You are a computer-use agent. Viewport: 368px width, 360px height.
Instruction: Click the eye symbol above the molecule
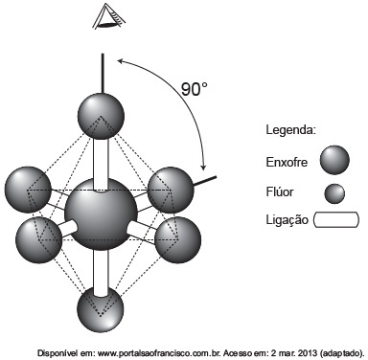click(108, 16)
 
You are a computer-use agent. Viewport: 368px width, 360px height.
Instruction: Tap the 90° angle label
click(195, 89)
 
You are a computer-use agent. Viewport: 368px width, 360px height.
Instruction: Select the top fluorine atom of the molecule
click(101, 116)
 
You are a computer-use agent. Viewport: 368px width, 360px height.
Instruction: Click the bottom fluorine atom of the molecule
click(101, 309)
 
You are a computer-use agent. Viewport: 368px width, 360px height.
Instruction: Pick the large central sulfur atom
click(101, 214)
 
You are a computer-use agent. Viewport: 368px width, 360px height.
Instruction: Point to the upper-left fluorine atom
click(29, 190)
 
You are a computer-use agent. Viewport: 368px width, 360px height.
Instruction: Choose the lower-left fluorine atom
click(38, 239)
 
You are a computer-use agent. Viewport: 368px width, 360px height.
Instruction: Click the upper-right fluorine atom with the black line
click(171, 190)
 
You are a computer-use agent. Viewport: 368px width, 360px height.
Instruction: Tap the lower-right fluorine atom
click(177, 239)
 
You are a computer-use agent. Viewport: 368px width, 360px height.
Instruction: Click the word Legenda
click(291, 130)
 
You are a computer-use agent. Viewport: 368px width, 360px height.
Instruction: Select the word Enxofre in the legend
click(287, 162)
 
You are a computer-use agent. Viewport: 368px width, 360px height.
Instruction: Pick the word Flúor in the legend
click(280, 191)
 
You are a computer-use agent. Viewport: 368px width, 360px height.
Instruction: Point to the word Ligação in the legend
click(287, 220)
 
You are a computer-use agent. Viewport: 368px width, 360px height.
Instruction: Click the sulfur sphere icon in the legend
click(334, 160)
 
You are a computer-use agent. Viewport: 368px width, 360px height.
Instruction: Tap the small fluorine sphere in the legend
click(334, 193)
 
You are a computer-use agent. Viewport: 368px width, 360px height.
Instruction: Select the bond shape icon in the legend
click(336, 219)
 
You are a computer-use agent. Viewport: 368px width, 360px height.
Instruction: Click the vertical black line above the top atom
click(103, 74)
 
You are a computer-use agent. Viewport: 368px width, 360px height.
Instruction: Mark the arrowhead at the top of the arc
click(121, 60)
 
